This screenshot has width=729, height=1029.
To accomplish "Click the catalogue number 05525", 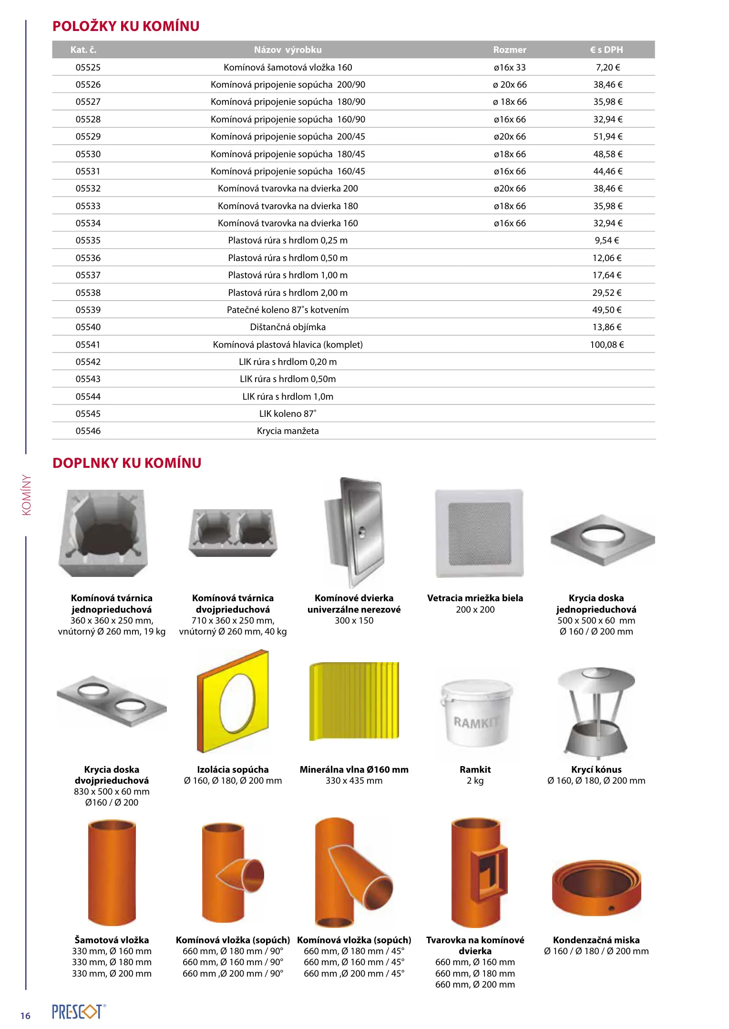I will point(88,68).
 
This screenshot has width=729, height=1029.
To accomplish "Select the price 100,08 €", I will point(607,344).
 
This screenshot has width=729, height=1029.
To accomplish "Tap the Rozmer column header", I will point(510,50).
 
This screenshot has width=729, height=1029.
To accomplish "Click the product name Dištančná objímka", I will point(287,327).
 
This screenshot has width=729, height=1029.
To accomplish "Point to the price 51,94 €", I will point(608,137).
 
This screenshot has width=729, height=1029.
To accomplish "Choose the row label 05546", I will point(88,431).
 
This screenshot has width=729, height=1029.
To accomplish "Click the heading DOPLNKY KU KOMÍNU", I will point(127,463).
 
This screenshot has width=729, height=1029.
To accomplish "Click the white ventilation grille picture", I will point(479,533).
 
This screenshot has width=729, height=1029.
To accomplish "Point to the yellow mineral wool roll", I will point(354,701).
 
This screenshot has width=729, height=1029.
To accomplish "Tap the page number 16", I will point(25,1016).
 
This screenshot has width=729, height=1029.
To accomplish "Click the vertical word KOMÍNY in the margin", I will point(27,494).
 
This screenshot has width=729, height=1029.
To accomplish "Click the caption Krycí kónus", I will point(596,769).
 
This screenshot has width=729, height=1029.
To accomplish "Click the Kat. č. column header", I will point(83,50).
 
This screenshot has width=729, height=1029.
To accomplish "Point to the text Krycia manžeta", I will point(287,431).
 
